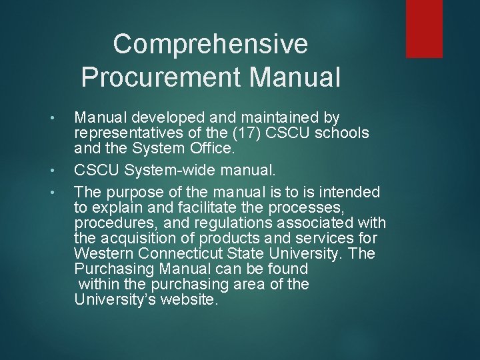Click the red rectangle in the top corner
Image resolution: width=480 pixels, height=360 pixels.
click(x=424, y=28)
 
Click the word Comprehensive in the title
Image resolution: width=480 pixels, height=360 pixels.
click(x=211, y=45)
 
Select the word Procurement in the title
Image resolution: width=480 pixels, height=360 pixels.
click(x=161, y=77)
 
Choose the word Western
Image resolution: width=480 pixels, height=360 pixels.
click(x=102, y=254)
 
